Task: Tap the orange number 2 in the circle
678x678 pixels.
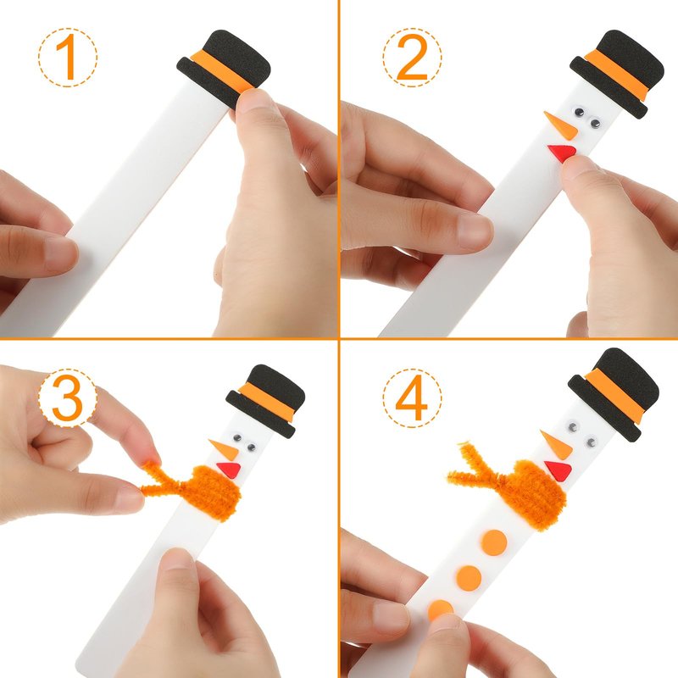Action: (412, 57)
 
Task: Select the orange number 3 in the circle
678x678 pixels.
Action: (68, 397)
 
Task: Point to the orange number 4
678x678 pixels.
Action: (411, 397)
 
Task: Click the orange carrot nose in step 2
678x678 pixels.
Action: (561, 125)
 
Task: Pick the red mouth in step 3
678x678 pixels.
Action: (229, 470)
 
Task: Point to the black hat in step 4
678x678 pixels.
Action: (614, 393)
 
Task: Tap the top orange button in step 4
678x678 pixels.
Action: (494, 542)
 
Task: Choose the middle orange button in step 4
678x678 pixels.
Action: (470, 577)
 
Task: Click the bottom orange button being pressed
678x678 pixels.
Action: (440, 609)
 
